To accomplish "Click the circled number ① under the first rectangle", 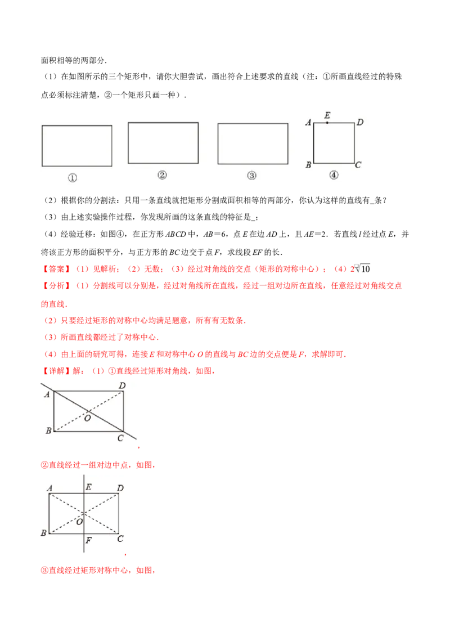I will click(73, 178).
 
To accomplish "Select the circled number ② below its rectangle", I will click(162, 175).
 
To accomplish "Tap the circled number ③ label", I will click(251, 176).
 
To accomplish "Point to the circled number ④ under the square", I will click(334, 175).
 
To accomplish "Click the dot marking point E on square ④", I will click(327, 123).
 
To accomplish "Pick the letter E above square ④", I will click(327, 115).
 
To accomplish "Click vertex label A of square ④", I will click(308, 122).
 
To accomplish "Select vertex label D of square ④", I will click(360, 122).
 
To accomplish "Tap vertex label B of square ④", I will click(308, 165).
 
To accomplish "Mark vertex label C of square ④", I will click(358, 165).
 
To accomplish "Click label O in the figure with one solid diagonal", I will click(87, 418).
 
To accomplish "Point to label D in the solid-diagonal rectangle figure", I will click(122, 386).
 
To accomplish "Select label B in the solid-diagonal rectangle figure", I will click(48, 431).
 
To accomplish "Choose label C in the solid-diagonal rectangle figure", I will click(120, 438).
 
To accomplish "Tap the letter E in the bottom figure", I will click(89, 488).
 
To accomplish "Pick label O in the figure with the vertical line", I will click(79, 522).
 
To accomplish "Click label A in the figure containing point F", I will click(50, 488).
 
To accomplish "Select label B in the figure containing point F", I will click(43, 533).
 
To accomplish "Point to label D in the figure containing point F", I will click(120, 488).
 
